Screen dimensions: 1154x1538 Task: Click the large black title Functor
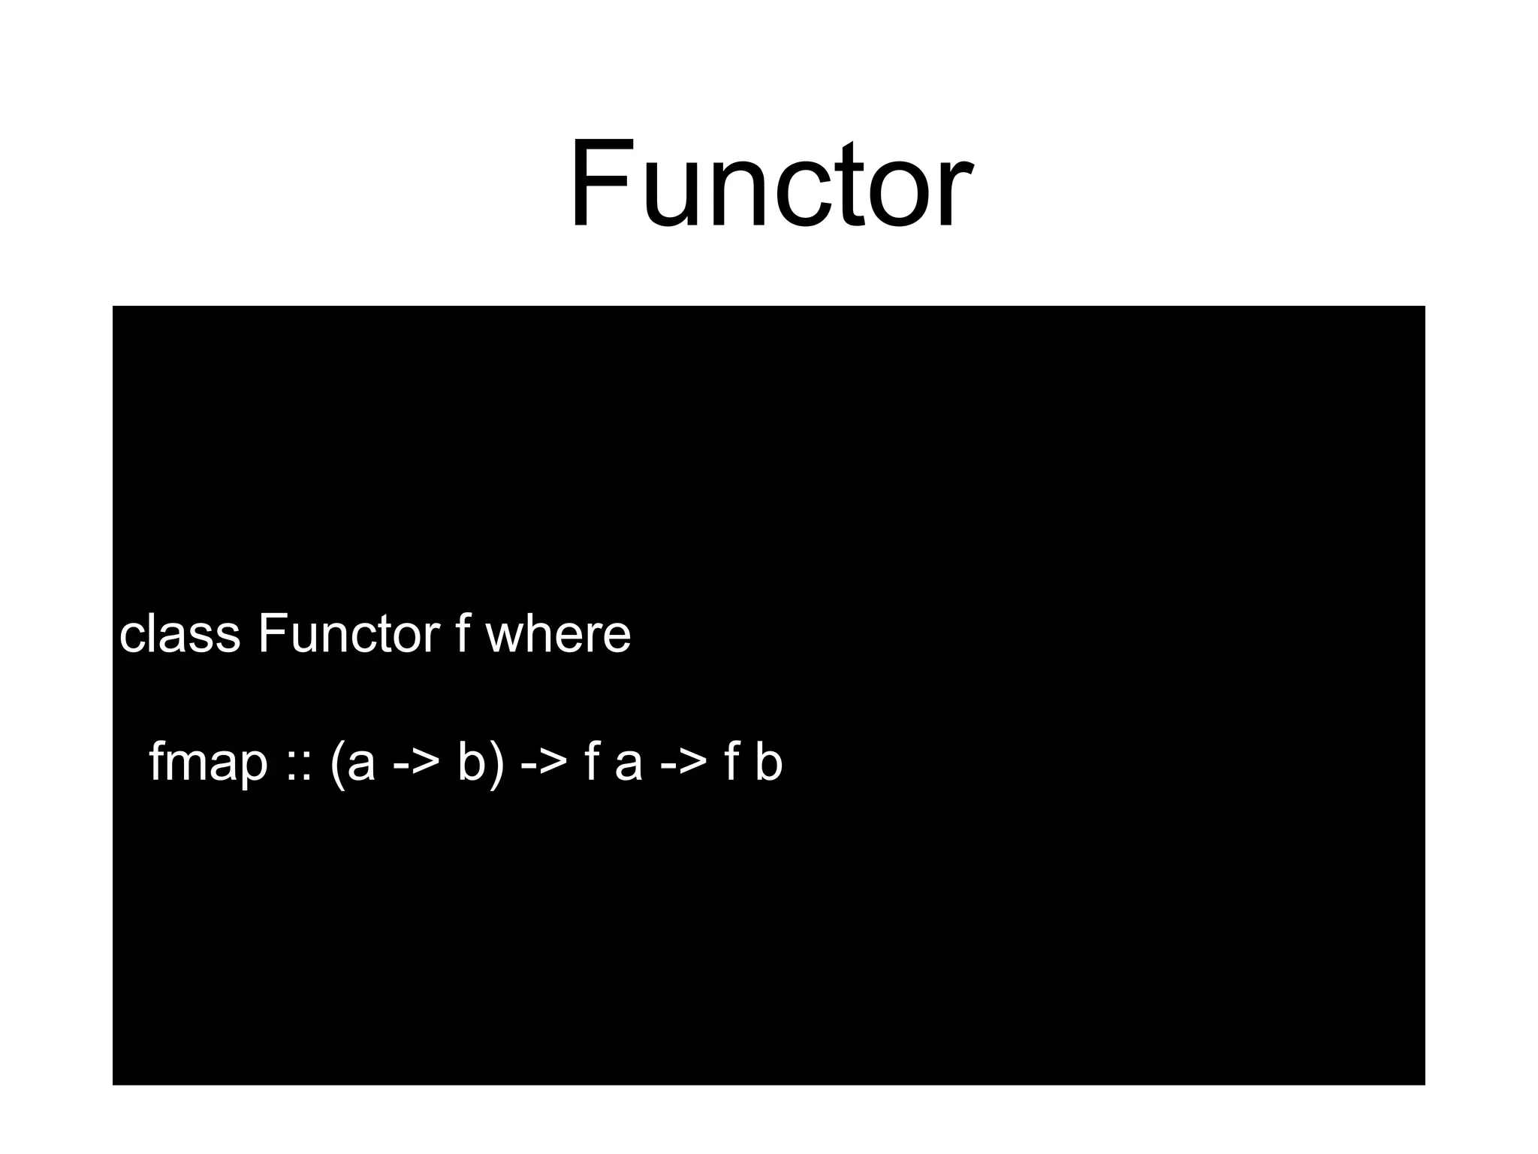tap(771, 184)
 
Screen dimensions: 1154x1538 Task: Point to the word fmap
tap(208, 762)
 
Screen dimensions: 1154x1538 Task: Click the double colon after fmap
tap(298, 763)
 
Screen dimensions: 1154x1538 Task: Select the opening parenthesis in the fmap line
tap(337, 763)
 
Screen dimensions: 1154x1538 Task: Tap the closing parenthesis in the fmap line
tap(496, 763)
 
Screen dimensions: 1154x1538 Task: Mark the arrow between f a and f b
tap(683, 763)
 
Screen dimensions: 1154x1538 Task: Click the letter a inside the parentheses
tap(361, 763)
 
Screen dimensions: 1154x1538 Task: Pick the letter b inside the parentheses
tap(471, 762)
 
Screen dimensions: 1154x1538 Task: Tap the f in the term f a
tap(593, 762)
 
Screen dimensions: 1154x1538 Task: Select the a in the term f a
tap(629, 763)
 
